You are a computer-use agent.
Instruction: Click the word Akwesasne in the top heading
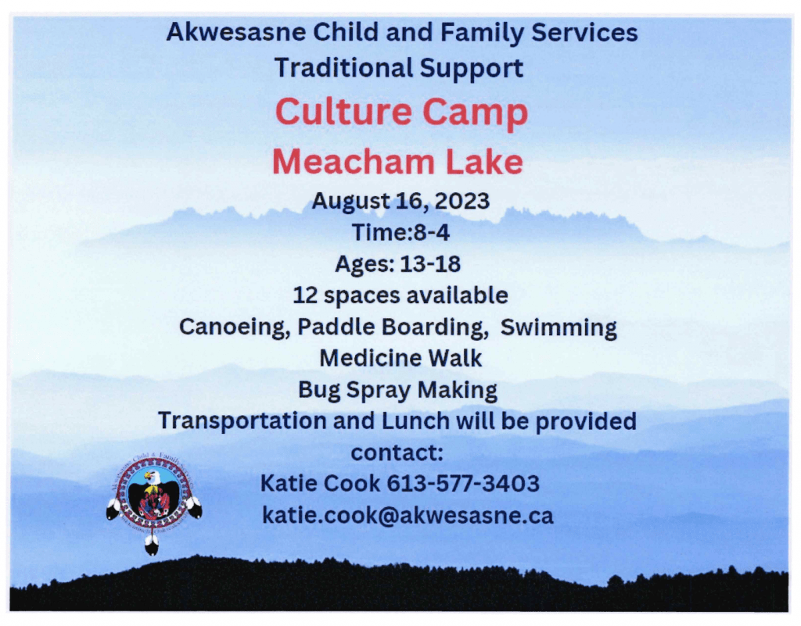click(x=236, y=32)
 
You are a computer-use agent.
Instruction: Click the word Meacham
click(x=352, y=162)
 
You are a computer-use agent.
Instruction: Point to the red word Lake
click(x=484, y=162)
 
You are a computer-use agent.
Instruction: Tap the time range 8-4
click(x=431, y=233)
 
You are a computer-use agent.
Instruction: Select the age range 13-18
click(x=430, y=264)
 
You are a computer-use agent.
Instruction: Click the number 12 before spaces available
click(x=305, y=296)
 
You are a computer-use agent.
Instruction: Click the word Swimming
click(x=559, y=327)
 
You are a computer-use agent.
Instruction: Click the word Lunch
click(x=416, y=421)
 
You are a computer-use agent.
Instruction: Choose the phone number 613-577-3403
click(x=463, y=484)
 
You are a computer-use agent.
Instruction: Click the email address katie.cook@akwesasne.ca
click(x=408, y=515)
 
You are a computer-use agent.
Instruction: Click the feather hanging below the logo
click(x=152, y=545)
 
